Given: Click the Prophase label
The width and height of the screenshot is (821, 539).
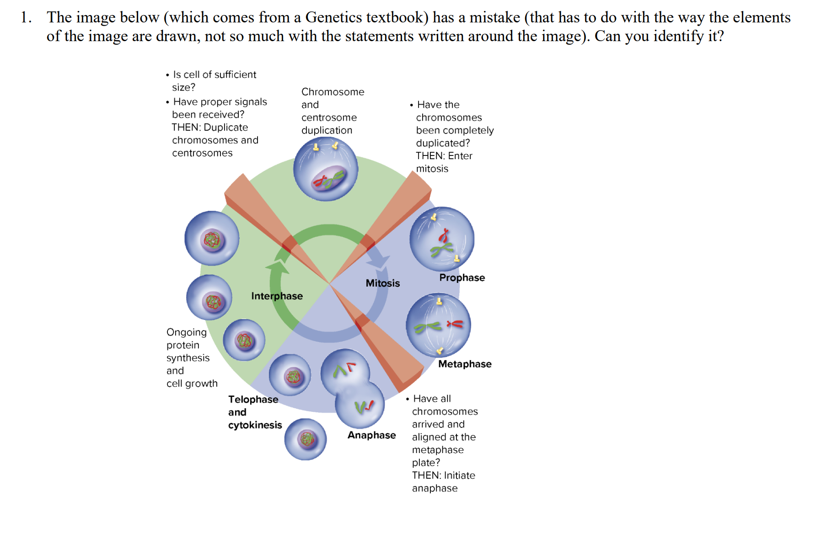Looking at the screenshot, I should click(x=462, y=278).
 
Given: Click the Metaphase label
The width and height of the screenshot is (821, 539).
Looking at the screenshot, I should click(x=465, y=364).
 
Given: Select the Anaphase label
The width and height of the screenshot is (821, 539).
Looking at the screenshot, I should click(x=371, y=435).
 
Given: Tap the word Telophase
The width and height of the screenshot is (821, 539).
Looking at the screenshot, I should click(x=253, y=399).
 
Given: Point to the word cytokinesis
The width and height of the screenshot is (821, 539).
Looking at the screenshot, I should click(x=255, y=425).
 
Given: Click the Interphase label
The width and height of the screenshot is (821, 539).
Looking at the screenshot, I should click(x=277, y=296).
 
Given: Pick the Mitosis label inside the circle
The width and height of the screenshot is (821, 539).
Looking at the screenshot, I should click(x=382, y=283).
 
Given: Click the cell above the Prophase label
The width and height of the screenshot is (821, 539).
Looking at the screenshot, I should click(x=441, y=239).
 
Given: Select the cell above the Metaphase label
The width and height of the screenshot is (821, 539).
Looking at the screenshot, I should click(x=438, y=326).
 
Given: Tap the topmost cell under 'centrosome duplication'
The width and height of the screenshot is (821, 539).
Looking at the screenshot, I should click(x=326, y=169).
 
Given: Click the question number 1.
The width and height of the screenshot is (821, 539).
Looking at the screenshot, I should click(x=26, y=17).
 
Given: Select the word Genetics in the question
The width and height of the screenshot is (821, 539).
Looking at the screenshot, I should click(x=334, y=17).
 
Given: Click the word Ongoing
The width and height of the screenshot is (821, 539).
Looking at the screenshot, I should click(x=186, y=332).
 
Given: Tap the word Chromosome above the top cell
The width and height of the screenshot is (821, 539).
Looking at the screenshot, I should click(x=333, y=92).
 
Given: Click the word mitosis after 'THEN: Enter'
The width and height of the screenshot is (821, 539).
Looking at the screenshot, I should click(x=432, y=169).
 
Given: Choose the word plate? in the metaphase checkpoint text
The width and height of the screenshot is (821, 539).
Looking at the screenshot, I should click(x=426, y=463).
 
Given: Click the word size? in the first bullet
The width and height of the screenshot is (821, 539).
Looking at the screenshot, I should click(x=183, y=87).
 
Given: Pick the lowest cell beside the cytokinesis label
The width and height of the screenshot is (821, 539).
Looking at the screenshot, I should click(x=305, y=439).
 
